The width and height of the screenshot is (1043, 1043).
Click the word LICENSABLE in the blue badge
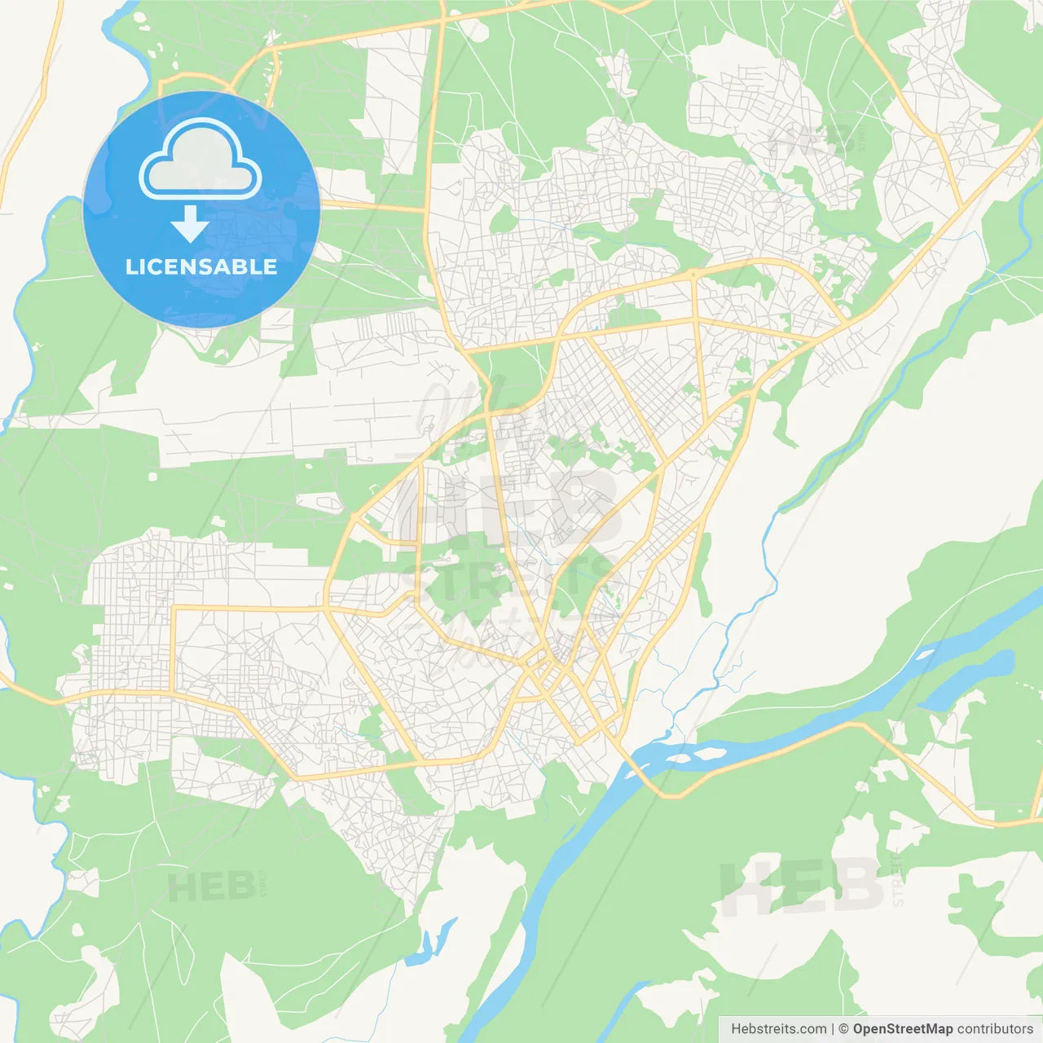pos(201,266)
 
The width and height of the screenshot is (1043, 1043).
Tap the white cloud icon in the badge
pos(200,162)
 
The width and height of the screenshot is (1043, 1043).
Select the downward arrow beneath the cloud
pos(190,224)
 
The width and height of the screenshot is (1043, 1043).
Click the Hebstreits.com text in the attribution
pos(778,1029)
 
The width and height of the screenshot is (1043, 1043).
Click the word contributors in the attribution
pos(995,1029)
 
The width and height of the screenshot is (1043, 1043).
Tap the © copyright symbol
pos(844,1029)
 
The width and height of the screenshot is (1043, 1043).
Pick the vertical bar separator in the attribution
pos(833,1029)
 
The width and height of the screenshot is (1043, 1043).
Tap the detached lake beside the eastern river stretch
pos(970,680)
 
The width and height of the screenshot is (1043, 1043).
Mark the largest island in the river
pos(693,754)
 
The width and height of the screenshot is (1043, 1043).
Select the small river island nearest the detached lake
pos(925,654)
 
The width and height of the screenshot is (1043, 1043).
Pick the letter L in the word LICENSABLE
pos(130,266)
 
